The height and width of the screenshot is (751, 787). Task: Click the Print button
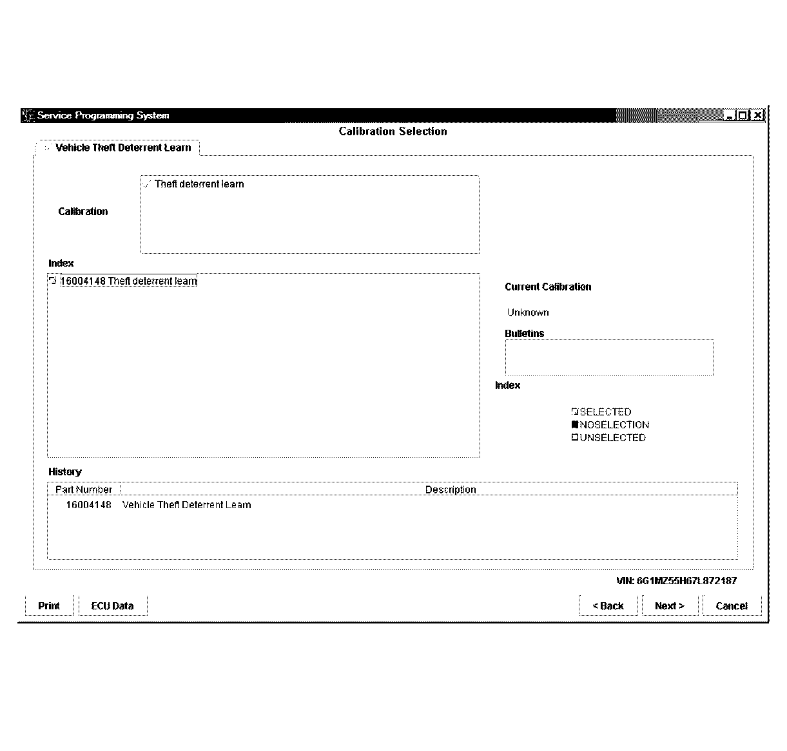[x=49, y=605]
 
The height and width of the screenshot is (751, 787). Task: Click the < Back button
[x=608, y=605]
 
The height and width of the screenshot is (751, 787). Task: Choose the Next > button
[x=669, y=605]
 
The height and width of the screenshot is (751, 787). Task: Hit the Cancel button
[x=732, y=605]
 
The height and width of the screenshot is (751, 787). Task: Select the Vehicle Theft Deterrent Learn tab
[x=122, y=147]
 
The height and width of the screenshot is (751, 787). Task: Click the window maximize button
[x=743, y=115]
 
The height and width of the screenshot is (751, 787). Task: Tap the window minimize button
[x=730, y=115]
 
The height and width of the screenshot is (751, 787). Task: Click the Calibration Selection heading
[x=393, y=131]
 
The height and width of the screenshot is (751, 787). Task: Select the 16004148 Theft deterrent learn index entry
[x=129, y=281]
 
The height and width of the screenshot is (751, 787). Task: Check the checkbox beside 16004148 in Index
[x=53, y=281]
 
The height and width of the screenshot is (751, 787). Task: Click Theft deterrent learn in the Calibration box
[x=199, y=184]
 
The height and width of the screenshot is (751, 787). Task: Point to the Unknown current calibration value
[x=528, y=312]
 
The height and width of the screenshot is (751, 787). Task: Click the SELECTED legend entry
[x=605, y=412]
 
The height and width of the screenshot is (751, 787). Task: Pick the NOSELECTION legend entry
[x=614, y=424]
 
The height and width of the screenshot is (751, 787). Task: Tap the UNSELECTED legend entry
[x=612, y=437]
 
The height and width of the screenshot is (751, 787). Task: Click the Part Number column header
[x=84, y=490]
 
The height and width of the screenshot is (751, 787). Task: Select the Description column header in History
[x=451, y=490]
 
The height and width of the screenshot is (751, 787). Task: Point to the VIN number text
[x=676, y=580]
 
